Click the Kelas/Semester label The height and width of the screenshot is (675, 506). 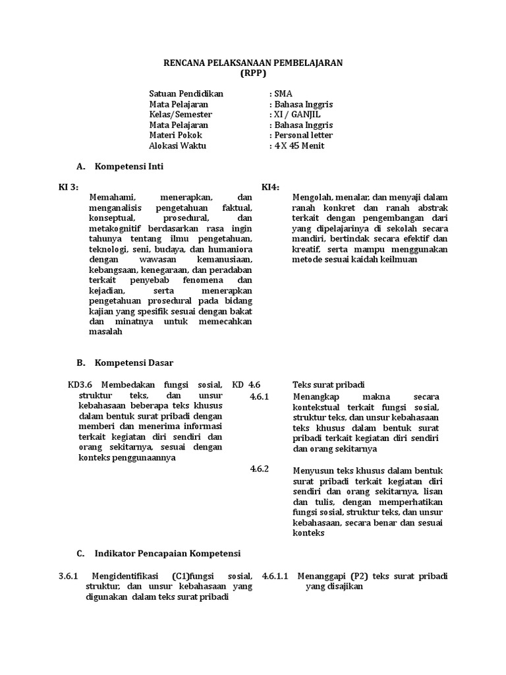tap(181, 115)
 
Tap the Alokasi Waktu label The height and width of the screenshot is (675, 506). tap(178, 146)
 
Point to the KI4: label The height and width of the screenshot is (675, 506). tap(271, 187)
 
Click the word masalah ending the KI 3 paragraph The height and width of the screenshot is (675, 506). tap(105, 332)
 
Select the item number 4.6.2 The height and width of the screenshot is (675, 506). tap(260, 469)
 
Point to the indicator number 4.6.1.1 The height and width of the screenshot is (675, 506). tap(276, 576)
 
